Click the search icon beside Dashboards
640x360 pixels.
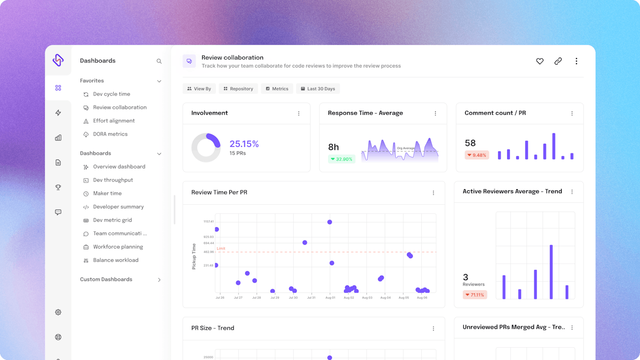click(159, 61)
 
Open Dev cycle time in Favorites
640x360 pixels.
click(111, 94)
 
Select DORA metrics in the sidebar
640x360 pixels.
click(110, 134)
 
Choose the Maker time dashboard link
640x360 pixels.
click(107, 193)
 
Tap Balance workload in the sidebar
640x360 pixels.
click(115, 260)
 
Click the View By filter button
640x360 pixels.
click(199, 89)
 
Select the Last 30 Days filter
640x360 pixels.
click(318, 89)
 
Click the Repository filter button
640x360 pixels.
click(238, 89)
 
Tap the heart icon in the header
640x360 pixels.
click(540, 61)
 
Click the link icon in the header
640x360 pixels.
click(558, 61)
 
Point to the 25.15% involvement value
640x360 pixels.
click(244, 143)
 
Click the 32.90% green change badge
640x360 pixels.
click(341, 159)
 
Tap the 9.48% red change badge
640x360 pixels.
click(476, 155)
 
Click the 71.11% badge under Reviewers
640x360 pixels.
click(475, 294)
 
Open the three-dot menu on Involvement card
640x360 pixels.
click(299, 114)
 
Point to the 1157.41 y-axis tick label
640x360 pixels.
click(208, 221)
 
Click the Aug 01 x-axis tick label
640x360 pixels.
click(330, 298)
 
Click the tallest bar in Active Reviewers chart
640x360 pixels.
click(551, 272)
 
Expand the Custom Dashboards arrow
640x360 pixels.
click(159, 279)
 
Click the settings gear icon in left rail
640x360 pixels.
click(58, 313)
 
